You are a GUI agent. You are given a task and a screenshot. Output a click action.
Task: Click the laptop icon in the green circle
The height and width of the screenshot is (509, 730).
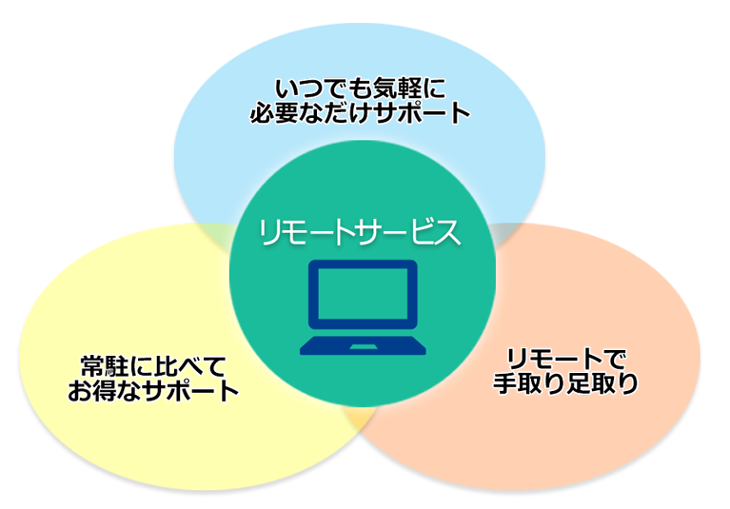coord(363,307)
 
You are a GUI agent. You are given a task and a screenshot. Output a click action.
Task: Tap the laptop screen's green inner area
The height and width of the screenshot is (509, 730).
coord(363,293)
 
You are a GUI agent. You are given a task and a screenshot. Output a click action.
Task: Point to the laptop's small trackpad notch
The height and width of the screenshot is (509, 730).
coord(364,347)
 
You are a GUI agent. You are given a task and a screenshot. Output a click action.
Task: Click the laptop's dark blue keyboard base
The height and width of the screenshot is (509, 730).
coord(363,345)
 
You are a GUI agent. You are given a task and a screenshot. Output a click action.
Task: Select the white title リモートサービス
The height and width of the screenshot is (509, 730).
coord(360,232)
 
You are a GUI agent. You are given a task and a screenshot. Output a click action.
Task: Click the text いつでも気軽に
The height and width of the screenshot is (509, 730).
coord(361,88)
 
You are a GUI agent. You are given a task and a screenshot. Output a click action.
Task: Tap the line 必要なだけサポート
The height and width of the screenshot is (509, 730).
coord(360,113)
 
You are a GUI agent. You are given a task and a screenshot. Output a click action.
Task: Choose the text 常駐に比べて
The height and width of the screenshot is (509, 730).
coord(153,366)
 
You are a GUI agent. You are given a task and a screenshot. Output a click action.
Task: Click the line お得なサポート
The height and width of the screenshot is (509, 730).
coord(153,390)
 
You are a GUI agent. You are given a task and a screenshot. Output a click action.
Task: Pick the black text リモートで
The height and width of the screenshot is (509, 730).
coord(566,360)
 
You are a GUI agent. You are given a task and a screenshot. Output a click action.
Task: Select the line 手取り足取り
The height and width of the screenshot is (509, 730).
coord(565,383)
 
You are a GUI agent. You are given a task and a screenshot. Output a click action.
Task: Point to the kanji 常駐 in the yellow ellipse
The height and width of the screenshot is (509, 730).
coord(105,366)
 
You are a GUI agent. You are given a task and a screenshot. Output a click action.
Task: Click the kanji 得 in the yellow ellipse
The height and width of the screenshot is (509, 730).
coord(105,390)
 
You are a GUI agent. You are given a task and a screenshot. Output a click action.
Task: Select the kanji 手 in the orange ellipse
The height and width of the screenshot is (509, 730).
coord(505,383)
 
